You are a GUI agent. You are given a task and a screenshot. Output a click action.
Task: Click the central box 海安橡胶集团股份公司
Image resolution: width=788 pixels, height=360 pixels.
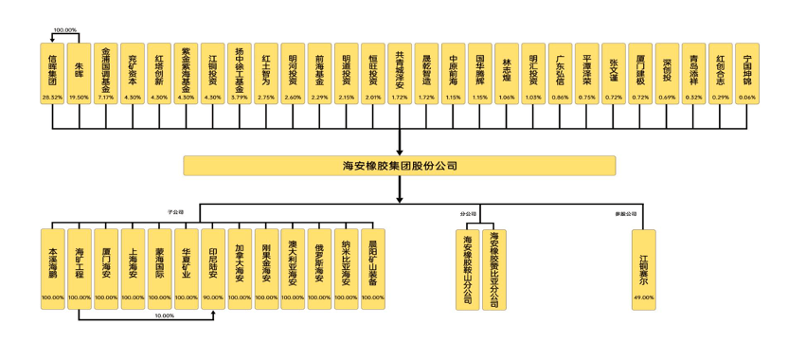[399, 166]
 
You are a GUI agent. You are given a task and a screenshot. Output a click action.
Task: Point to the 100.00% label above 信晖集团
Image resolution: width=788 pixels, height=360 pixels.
[65, 30]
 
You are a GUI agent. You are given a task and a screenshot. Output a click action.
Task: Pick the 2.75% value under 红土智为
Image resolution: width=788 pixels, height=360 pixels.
[266, 98]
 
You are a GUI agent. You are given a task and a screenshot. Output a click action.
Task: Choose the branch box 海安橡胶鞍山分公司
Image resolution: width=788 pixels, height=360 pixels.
[468, 268]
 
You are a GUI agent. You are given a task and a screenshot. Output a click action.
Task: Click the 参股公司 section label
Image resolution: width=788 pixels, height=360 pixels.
[621, 213]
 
